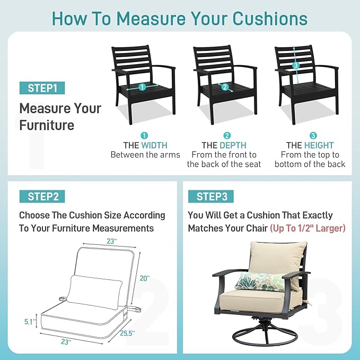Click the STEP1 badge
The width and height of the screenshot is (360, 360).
point(42,88)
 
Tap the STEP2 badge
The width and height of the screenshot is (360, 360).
point(42,197)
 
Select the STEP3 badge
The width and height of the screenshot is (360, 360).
point(211,197)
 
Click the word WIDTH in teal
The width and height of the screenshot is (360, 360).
point(154,145)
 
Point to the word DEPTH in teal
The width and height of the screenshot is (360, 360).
point(233,145)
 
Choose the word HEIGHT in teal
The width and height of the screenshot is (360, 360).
point(319,145)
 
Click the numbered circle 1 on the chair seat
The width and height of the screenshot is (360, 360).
point(142,87)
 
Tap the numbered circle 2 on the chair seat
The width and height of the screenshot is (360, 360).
point(225,87)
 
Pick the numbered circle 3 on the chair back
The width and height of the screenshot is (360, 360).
point(296,65)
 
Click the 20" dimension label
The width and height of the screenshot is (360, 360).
point(145,278)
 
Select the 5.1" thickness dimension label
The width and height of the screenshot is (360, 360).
point(30,322)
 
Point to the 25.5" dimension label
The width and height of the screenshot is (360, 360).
point(127,333)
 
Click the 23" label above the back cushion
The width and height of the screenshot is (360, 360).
point(111,241)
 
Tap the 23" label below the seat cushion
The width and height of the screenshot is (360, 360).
point(66,342)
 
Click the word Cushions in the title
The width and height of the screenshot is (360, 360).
point(270,19)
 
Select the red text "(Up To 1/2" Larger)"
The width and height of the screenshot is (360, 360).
point(308,228)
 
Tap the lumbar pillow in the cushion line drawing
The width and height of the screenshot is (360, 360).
point(94,292)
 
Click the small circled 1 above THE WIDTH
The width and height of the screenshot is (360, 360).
point(144,136)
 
